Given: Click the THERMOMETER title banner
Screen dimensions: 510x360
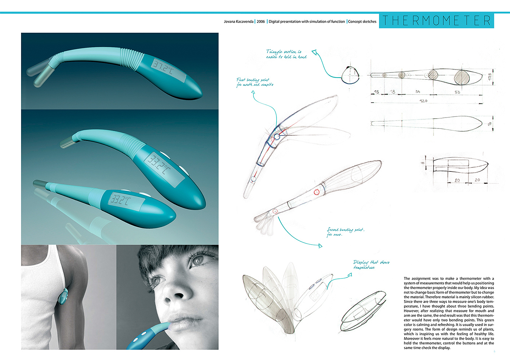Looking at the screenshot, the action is point(436,21).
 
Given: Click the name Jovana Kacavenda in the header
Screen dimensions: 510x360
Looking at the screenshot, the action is point(239,21).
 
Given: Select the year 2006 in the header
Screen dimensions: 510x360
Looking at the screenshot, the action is point(261,21).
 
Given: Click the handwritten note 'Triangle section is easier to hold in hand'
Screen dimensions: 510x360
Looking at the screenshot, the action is point(286,54).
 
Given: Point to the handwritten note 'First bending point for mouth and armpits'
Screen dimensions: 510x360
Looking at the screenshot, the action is point(255,82).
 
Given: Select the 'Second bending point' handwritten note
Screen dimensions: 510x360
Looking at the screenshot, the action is point(345,232).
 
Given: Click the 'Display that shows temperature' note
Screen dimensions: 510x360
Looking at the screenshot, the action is point(371,265).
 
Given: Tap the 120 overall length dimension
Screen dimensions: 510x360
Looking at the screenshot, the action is point(423,101).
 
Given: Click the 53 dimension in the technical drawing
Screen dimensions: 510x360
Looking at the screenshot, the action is point(457,92).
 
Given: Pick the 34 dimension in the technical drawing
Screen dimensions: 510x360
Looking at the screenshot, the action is point(417,92).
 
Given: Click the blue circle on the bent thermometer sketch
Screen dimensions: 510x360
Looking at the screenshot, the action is point(276,137).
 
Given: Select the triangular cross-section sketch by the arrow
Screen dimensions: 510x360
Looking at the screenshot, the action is point(350,75).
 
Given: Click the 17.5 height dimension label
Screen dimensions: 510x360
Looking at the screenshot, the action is point(490,77).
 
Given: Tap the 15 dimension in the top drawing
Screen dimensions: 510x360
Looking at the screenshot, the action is point(376,92).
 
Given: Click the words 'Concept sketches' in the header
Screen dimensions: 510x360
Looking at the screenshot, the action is point(362,21).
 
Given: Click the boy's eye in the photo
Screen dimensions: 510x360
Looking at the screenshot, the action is point(198,260).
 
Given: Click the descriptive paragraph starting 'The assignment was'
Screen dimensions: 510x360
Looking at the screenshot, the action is point(449,313).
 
